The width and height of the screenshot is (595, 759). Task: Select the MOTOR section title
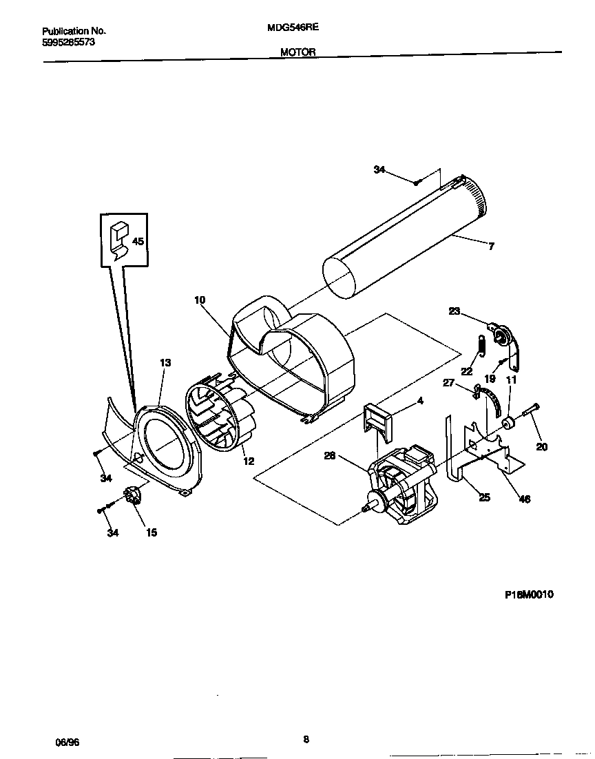tap(297, 52)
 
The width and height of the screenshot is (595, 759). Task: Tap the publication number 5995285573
tap(69, 42)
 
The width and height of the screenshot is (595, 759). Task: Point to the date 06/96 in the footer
tap(67, 742)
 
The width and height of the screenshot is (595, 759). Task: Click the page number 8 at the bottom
tap(306, 740)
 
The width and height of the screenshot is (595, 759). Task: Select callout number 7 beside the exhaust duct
tap(490, 246)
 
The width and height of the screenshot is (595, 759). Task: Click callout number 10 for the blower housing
tap(200, 300)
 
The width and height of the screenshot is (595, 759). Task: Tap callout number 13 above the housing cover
tap(165, 362)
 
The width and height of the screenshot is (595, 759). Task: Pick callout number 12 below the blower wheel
tap(248, 461)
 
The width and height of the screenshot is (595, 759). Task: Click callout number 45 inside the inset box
tap(138, 242)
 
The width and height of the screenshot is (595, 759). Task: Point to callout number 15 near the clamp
tap(150, 532)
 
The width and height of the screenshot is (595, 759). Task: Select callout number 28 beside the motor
tap(331, 455)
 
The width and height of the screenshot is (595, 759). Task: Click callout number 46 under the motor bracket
tap(524, 499)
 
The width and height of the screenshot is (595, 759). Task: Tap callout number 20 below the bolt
tap(542, 446)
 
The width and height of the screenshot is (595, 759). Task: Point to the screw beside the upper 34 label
tap(417, 182)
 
